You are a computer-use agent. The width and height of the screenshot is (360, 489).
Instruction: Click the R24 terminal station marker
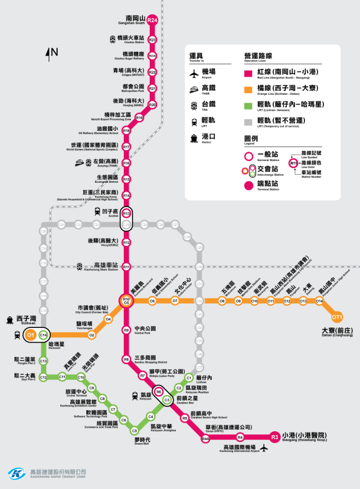click(152, 20)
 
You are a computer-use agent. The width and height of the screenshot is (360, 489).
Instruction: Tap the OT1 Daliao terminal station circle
click(337, 317)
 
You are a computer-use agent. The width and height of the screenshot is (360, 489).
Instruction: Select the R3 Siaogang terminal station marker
click(274, 437)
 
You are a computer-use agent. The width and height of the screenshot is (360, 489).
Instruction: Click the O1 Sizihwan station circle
click(31, 335)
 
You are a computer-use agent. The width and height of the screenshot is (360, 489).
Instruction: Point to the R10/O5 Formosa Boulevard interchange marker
click(126, 301)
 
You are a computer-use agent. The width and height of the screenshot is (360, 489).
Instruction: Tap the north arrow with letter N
click(52, 53)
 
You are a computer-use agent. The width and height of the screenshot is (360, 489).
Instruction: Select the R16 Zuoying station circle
click(126, 163)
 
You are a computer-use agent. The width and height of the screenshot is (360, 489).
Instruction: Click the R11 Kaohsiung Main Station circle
click(126, 267)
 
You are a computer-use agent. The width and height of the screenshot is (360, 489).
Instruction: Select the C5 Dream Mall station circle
click(134, 430)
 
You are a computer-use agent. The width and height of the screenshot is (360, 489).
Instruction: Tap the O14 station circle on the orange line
click(319, 301)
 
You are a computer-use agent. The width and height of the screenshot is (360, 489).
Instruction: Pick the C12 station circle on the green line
click(43, 377)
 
